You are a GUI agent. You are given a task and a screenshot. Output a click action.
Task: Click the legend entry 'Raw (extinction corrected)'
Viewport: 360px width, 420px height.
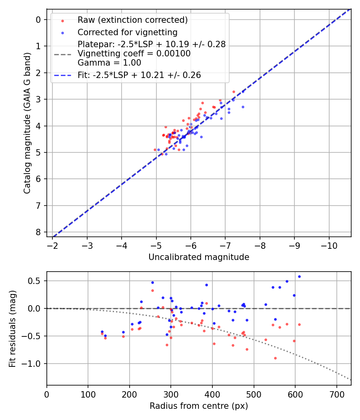pos(132,20)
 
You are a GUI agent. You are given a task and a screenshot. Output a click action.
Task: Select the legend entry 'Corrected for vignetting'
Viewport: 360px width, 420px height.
pos(128,32)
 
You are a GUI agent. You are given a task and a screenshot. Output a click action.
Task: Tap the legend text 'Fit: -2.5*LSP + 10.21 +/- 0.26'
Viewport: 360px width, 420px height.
pos(139,75)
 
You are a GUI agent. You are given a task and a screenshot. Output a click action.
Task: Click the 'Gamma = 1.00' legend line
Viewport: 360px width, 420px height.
pos(109,62)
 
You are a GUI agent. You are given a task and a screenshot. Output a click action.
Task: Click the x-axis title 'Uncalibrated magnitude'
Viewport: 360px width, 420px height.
pos(199,257)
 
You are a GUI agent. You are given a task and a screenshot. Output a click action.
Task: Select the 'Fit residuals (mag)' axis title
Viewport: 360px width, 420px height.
pos(13,328)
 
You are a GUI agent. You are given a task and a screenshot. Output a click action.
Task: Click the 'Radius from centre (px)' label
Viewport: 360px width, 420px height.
pos(199,406)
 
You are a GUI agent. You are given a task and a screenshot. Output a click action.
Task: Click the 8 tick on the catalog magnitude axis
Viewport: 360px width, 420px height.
pos(38,232)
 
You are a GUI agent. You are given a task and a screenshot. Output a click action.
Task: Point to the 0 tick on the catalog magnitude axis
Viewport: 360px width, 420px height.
pos(38,20)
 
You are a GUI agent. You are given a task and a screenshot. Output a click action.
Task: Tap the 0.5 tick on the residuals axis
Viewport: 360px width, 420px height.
pos(36,281)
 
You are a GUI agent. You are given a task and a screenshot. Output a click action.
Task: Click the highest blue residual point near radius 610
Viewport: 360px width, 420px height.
pos(299,276)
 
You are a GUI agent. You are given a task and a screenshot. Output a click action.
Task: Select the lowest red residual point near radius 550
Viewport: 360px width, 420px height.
pos(275,358)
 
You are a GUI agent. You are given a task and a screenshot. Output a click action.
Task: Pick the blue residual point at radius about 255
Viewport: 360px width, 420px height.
pos(152,282)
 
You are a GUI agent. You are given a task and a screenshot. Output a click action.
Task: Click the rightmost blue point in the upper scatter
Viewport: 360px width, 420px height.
pos(243,107)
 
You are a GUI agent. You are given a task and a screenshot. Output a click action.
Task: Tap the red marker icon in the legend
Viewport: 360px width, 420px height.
pos(62,20)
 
